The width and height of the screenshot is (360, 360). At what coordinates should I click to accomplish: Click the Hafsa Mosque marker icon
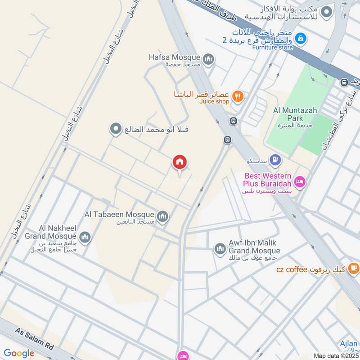208,59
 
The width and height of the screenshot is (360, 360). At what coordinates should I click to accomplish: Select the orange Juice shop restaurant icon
238,95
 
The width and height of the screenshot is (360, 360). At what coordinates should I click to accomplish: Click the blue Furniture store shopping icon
301,39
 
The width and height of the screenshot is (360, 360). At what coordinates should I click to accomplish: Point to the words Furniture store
272,47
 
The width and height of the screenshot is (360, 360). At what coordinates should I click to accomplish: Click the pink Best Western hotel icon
299,182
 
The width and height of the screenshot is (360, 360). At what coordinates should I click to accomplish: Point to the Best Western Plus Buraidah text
267,180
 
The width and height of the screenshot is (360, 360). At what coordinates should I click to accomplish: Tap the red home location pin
180,162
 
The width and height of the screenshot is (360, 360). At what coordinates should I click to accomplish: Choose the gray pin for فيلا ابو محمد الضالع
116,130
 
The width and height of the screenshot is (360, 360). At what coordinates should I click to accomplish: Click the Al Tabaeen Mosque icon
162,216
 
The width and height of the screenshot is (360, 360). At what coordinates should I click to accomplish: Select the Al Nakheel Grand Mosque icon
85,237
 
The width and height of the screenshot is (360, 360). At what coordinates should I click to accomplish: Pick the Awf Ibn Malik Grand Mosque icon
220,248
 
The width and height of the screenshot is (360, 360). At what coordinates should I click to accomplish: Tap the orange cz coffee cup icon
354,269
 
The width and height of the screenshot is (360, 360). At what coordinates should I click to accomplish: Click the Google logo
19,353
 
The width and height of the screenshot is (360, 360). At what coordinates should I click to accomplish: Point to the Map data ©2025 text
335,355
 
